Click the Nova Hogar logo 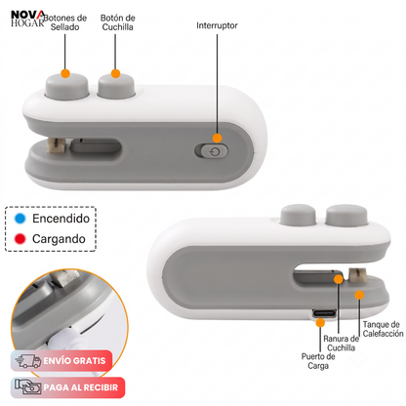(x=27, y=19)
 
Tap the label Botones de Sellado (x=65, y=22)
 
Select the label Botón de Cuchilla (x=118, y=22)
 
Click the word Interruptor (x=217, y=25)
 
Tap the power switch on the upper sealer (x=212, y=151)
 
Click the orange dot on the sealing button (x=65, y=73)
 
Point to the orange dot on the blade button (x=115, y=73)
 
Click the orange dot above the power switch (x=217, y=138)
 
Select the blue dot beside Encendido (x=20, y=219)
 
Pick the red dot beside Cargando (x=20, y=239)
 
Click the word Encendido (x=61, y=219)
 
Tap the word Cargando (x=59, y=239)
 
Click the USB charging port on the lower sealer (x=324, y=314)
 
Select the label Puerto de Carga (x=318, y=361)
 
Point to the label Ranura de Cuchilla (x=342, y=344)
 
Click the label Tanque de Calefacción (x=384, y=329)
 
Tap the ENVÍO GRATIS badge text (x=74, y=361)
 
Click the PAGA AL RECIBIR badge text (x=81, y=387)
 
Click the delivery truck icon (x=28, y=361)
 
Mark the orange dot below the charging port (x=320, y=323)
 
